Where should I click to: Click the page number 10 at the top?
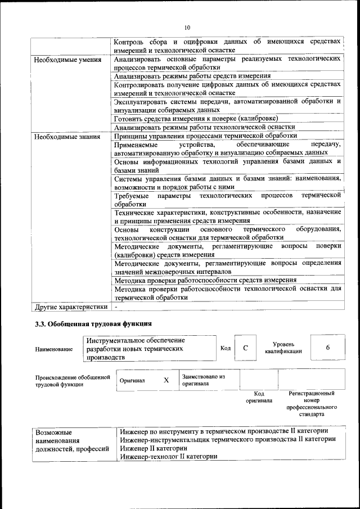pos(187,27)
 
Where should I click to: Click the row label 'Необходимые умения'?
pos(67,59)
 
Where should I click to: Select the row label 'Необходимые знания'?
pos(67,136)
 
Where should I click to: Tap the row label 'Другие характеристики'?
pos(71,307)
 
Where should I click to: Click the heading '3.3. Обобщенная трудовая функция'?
pos(93,324)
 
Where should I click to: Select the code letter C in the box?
pos(245,348)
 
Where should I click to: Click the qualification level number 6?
pos(327,348)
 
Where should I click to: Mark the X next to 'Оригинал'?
pos(166,380)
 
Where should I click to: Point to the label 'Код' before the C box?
pos(226,348)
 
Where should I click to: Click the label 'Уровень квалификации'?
pos(283,348)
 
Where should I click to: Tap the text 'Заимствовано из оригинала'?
pos(203,380)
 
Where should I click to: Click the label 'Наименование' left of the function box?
pos(54,349)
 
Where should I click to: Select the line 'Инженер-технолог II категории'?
pos(169,457)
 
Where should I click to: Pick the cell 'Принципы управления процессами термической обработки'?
pos(205,136)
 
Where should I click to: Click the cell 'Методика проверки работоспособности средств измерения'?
pos(205,280)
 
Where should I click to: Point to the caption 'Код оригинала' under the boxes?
pos(259,397)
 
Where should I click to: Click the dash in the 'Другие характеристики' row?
pos(116,307)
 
